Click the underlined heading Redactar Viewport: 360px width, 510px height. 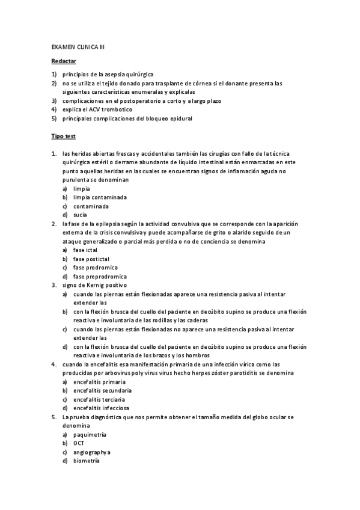click(64, 61)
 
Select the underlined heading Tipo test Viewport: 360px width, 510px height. click(63, 137)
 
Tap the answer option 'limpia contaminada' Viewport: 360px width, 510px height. click(100, 197)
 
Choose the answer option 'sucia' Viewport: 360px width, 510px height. click(81, 215)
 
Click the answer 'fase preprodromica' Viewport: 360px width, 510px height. click(100, 276)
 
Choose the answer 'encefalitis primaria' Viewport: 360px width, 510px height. click(99, 382)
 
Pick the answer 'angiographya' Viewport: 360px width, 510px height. click(92, 452)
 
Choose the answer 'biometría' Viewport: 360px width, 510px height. click(87, 461)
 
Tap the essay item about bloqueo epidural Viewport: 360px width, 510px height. click(127, 118)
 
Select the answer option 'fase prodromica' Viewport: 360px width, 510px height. click(96, 267)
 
